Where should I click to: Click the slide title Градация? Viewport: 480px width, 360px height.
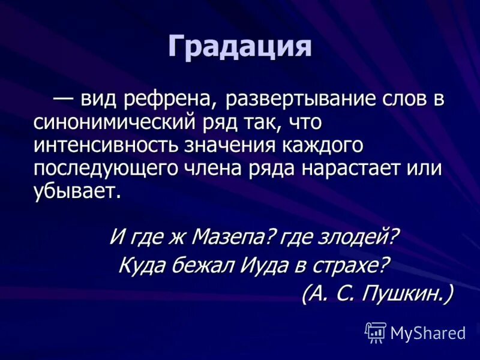click(x=240, y=46)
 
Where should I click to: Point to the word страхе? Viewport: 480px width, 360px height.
click(x=354, y=265)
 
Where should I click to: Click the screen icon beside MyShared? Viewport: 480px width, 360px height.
click(x=375, y=332)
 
